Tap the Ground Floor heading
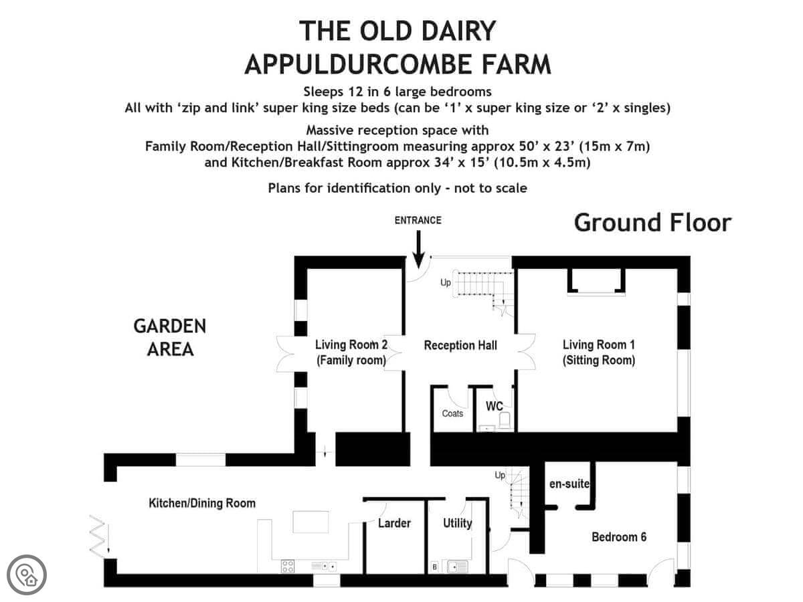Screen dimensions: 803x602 coord(652,223)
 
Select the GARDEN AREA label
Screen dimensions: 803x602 coord(170,337)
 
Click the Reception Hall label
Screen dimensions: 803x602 coord(460,345)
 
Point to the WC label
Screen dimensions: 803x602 coord(495,406)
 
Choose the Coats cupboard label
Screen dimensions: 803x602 coord(452,413)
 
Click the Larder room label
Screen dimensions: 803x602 coord(394,523)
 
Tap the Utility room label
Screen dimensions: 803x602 coord(457,524)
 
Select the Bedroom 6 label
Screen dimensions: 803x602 coord(619,537)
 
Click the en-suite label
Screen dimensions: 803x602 coord(569,484)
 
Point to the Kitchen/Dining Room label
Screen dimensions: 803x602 coord(202,503)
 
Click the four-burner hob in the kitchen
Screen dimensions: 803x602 coord(288,566)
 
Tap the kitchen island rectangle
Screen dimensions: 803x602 coord(310,522)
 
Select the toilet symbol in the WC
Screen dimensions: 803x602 coord(504,420)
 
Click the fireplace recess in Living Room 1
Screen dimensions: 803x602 coord(596,280)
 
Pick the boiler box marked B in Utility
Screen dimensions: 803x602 coord(434,567)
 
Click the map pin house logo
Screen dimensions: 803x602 coord(27,575)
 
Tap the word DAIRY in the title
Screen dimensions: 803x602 coord(459,31)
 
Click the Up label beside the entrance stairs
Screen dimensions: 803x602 coord(446,282)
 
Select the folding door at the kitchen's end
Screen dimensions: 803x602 coord(98,536)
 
